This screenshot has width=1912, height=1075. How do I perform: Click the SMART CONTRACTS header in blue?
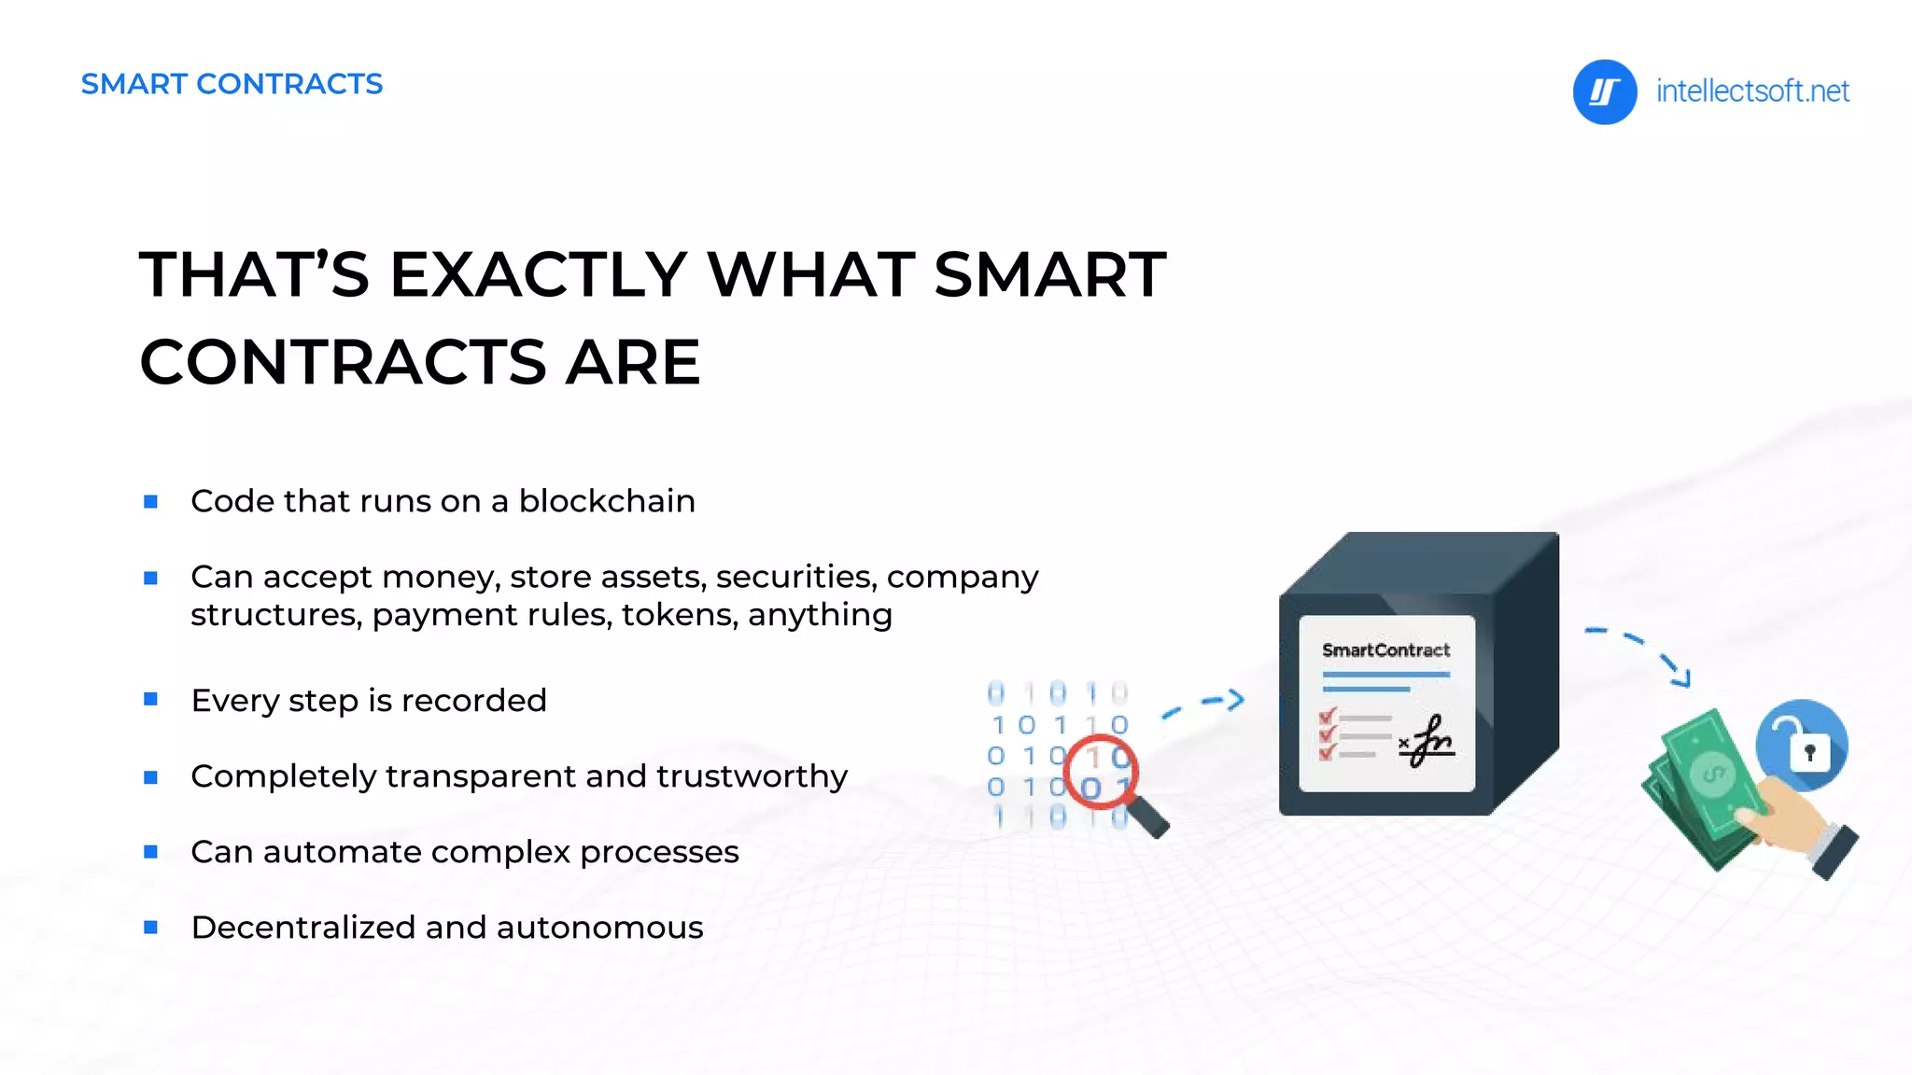(x=232, y=84)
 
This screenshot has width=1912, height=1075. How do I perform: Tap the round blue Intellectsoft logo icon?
(x=1604, y=91)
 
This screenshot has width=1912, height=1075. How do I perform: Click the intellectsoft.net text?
(x=1751, y=91)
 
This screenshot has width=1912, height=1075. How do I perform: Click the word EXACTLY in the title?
(x=539, y=275)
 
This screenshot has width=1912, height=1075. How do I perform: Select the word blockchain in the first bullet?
(x=607, y=501)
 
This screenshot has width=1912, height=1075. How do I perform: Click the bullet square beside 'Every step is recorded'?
(x=150, y=699)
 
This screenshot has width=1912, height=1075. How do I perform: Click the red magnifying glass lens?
(x=1101, y=770)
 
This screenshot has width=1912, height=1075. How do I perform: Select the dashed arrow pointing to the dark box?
(x=1205, y=704)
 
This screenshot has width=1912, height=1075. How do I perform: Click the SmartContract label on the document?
(x=1385, y=650)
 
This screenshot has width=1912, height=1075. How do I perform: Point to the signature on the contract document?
(x=1429, y=741)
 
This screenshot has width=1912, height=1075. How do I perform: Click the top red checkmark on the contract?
(x=1328, y=717)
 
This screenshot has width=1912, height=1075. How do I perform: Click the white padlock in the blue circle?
(x=1808, y=752)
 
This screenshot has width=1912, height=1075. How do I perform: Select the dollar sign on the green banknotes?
(x=1711, y=775)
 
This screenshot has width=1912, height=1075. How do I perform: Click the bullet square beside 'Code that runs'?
(x=150, y=502)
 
